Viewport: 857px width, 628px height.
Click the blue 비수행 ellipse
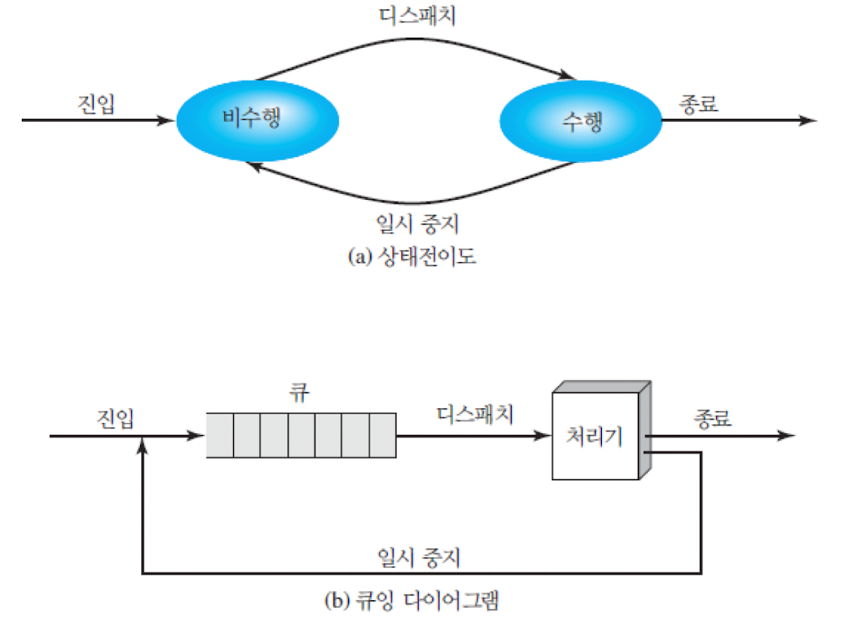pos(257,120)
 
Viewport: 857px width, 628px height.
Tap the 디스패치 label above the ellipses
pos(417,15)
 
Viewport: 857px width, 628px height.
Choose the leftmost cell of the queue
pos(220,436)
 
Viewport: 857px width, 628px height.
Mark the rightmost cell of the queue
pos(381,436)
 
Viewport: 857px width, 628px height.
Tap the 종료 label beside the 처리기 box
pos(713,417)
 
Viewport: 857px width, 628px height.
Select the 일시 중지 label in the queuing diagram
pos(419,556)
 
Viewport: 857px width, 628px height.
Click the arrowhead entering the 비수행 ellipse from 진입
pos(167,120)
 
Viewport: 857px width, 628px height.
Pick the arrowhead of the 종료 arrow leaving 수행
pos(807,120)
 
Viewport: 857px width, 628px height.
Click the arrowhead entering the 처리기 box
pos(542,437)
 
